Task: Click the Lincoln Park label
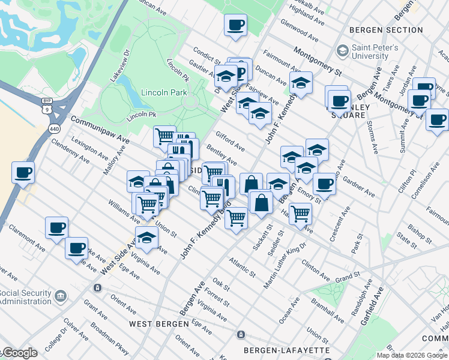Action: coord(164,92)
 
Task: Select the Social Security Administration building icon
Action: coord(61,296)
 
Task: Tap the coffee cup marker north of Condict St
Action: coord(235,25)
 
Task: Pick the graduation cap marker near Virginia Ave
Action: coord(146,238)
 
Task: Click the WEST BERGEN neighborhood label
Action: coord(154,323)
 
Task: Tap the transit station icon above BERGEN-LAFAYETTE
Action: coord(241,334)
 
